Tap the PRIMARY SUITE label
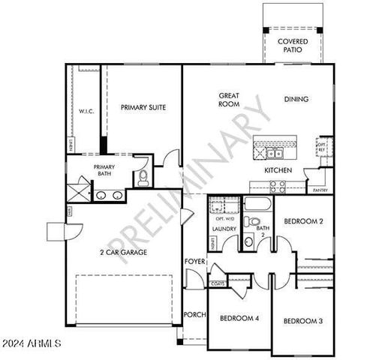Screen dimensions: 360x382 (143, 107)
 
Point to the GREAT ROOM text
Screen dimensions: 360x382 (229, 100)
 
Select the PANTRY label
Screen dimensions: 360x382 (320, 190)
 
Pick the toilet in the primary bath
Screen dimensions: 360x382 (141, 177)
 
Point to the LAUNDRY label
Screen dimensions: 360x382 (224, 229)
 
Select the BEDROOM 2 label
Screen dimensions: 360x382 (303, 221)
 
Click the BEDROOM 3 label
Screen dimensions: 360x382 (302, 321)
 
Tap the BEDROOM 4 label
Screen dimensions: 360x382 (239, 318)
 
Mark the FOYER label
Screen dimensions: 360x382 (195, 261)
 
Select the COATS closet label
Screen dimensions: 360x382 (219, 283)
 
